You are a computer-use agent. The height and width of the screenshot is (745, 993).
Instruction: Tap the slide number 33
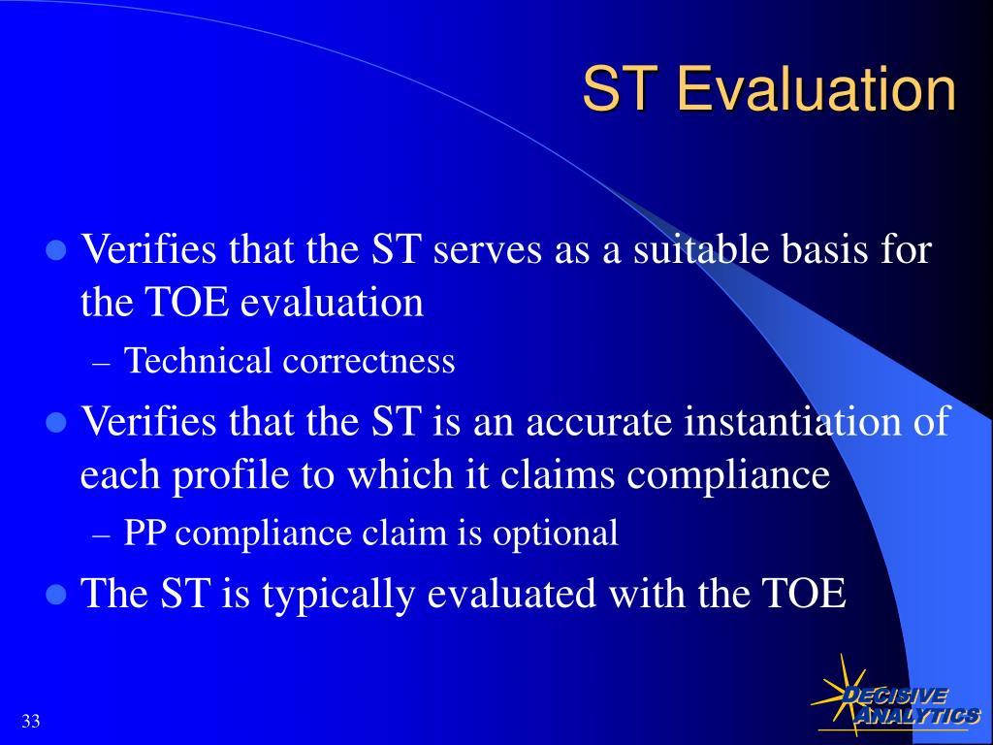pos(30,721)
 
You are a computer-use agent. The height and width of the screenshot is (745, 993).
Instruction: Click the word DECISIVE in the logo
pos(894,696)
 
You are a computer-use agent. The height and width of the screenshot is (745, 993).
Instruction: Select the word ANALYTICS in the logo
pos(916,716)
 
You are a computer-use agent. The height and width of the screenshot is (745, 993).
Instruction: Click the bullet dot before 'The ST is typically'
pos(56,594)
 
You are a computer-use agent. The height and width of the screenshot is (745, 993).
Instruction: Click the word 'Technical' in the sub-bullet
pos(199,361)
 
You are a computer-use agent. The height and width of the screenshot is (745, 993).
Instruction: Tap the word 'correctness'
pos(368,361)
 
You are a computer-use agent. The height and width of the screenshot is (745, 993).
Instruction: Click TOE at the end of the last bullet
pos(804,594)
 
